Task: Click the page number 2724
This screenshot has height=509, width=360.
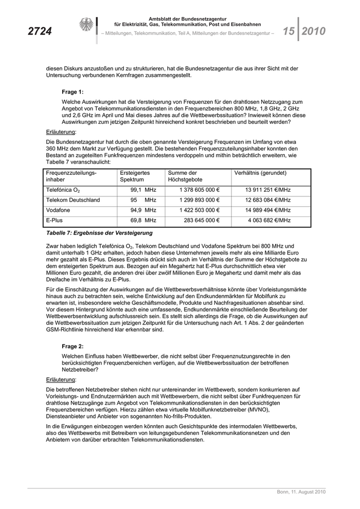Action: (40, 32)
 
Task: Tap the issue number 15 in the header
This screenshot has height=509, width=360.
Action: (288, 32)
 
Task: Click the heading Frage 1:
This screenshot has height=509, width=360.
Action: (73, 92)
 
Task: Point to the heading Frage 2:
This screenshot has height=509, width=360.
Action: (73, 347)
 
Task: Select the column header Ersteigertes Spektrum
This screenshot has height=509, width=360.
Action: (135, 177)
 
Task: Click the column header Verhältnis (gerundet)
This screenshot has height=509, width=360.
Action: (260, 173)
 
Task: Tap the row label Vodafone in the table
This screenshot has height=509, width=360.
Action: (58, 210)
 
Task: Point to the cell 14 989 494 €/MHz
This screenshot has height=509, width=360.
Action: (268, 210)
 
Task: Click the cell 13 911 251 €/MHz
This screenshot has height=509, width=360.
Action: (268, 190)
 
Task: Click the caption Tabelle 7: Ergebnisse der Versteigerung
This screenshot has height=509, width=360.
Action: (95, 233)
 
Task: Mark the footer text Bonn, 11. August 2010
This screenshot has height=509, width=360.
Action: (301, 493)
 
